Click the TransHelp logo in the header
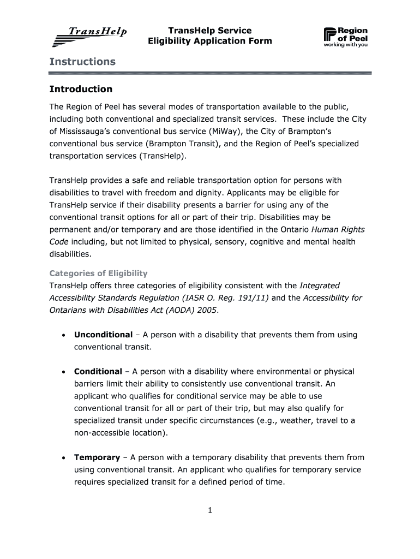point(90,37)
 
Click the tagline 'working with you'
point(345,45)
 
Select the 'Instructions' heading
point(82,62)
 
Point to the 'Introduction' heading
point(81,89)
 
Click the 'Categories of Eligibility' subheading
point(98,273)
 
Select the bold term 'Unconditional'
point(103,335)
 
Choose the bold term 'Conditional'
point(98,371)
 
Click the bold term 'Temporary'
point(97,457)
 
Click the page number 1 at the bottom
point(209,510)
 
